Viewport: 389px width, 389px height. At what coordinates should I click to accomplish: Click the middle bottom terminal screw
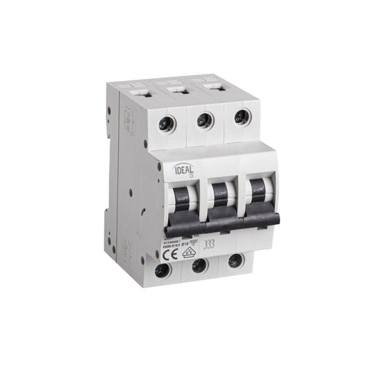(199, 266)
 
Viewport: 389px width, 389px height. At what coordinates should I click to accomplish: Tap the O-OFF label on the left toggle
(183, 197)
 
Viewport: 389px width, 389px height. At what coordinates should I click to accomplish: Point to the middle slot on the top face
(180, 90)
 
